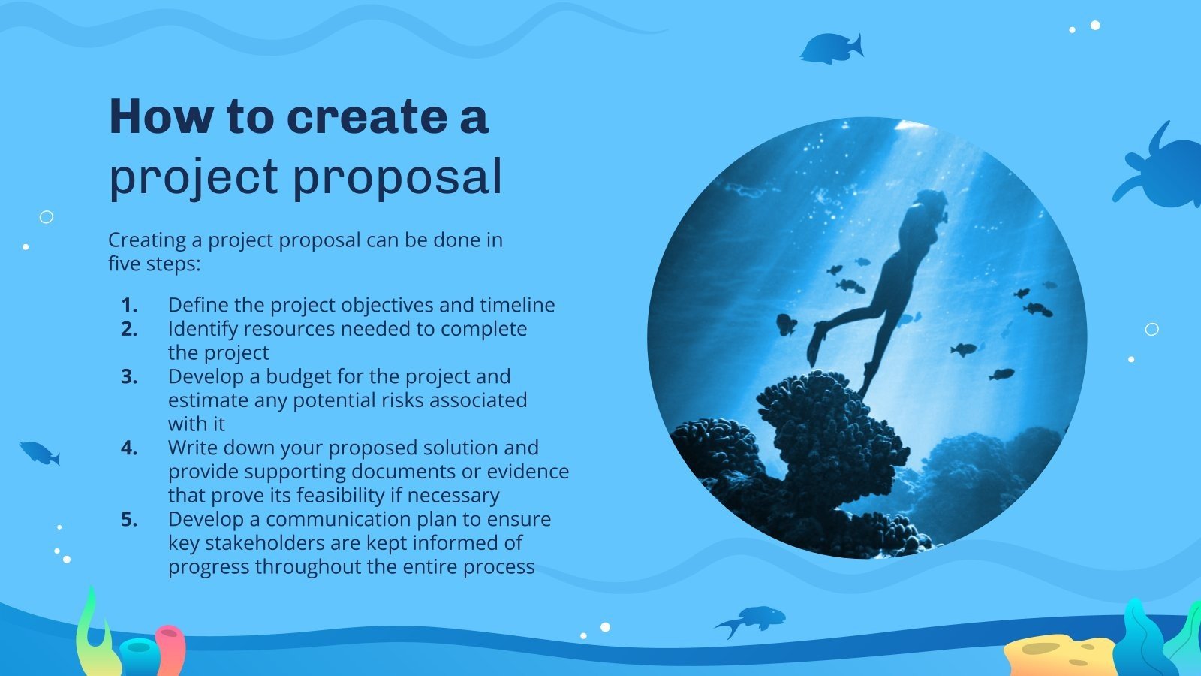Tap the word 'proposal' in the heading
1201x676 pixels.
pyautogui.click(x=397, y=177)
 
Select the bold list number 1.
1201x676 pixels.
pyautogui.click(x=129, y=305)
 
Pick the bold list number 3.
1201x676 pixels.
pyautogui.click(x=129, y=376)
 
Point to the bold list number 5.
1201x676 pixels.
pyautogui.click(x=129, y=519)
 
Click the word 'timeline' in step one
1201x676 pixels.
pyautogui.click(x=517, y=305)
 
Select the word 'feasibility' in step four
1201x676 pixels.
pyautogui.click(x=341, y=495)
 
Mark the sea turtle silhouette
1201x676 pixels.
pyautogui.click(x=1158, y=166)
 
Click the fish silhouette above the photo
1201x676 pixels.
pyautogui.click(x=832, y=48)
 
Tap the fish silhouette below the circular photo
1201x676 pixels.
pyautogui.click(x=751, y=620)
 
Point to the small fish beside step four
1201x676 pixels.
pyautogui.click(x=41, y=454)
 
